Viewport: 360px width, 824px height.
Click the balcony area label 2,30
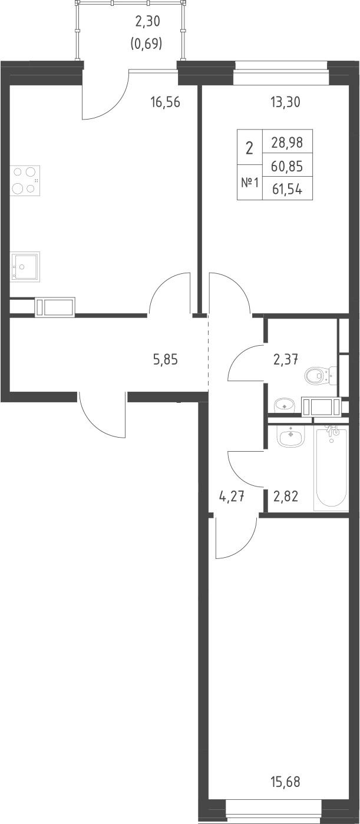148,22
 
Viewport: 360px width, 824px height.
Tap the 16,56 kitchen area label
166,102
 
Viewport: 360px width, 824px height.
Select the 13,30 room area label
285,102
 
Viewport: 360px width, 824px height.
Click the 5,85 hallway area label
166,359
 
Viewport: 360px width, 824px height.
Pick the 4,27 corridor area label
232,497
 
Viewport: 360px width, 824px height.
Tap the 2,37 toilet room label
286,358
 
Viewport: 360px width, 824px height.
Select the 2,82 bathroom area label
286,497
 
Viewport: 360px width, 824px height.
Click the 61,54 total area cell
287,190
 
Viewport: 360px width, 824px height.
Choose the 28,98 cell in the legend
287,142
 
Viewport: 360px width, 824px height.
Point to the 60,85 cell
287,166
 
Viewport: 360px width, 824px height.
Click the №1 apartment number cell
250,183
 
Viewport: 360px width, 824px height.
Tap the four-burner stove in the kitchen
25,181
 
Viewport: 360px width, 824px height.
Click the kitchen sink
25,267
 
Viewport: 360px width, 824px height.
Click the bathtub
331,468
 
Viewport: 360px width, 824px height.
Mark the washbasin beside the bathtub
291,436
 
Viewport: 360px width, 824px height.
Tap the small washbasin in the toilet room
285,405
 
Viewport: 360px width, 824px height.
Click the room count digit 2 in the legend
250,148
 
